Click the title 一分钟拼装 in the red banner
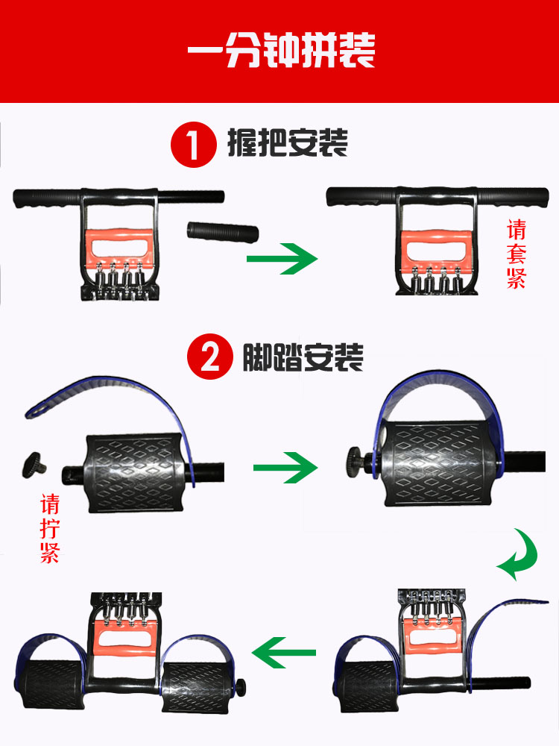click(x=281, y=50)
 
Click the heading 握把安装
click(x=288, y=142)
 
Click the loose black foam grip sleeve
click(x=222, y=233)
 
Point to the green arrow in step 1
click(x=282, y=259)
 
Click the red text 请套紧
click(x=517, y=254)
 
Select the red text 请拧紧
click(x=50, y=529)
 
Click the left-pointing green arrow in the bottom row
click(x=284, y=652)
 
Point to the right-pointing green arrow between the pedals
click(x=285, y=468)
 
